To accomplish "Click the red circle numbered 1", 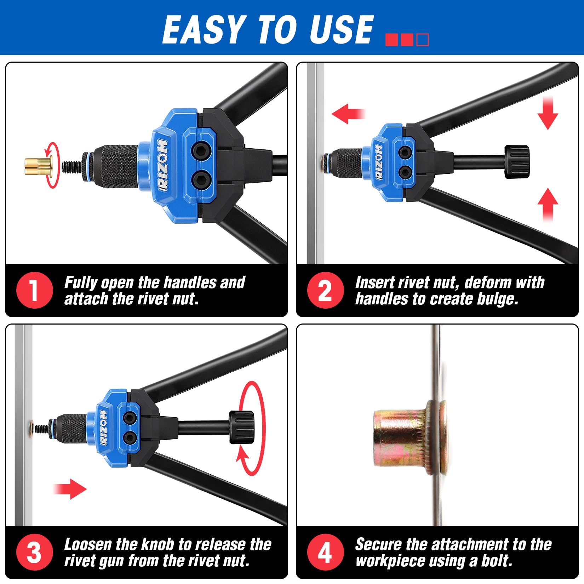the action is pos(34,290).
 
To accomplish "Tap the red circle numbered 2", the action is pos(325,290).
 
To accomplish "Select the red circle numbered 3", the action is pos(34,552).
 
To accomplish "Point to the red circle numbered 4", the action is pos(325,552).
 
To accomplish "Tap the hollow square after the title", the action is pos(423,40).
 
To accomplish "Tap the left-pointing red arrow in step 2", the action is pos(348,114).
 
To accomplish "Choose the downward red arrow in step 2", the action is pos(548,112).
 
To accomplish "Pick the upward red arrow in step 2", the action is pos(548,205).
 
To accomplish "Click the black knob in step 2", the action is pos(517,162).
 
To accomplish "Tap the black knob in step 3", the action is pos(241,427).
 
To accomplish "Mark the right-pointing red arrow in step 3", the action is pos(70,489).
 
